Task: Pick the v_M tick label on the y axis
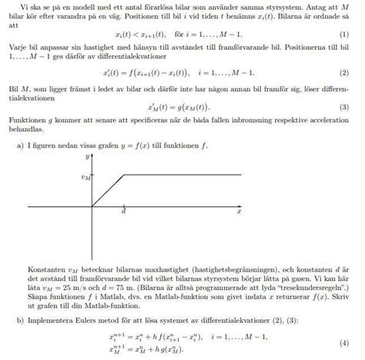point(86,176)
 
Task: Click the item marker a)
point(20,144)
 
